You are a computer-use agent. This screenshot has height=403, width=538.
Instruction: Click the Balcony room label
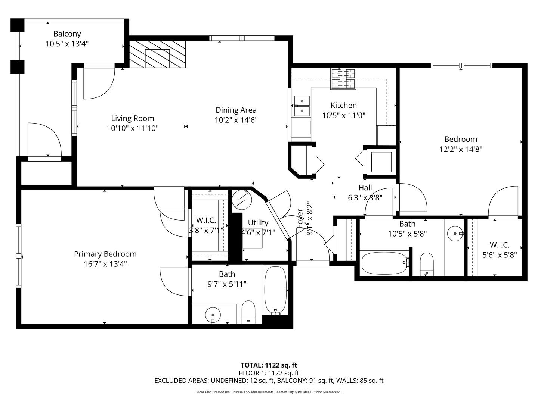click(67, 34)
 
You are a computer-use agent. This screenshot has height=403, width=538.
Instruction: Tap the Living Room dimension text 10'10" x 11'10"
click(133, 128)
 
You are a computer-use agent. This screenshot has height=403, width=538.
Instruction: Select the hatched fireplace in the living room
click(157, 54)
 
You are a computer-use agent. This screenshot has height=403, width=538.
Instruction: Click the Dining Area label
click(236, 110)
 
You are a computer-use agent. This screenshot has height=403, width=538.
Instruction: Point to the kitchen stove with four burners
click(343, 79)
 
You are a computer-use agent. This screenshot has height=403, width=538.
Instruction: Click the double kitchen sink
click(302, 106)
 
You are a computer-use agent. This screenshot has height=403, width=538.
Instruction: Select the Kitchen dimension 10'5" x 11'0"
click(343, 115)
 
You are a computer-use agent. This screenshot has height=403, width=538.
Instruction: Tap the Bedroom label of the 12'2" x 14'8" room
click(460, 139)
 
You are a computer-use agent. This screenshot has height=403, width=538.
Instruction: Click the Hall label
click(365, 188)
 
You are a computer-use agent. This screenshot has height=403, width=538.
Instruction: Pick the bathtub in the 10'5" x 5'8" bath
click(385, 263)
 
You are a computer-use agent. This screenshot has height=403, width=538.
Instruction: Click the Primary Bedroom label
click(105, 254)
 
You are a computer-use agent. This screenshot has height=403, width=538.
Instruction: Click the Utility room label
click(258, 223)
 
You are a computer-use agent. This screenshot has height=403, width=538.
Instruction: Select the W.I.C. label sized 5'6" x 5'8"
click(500, 245)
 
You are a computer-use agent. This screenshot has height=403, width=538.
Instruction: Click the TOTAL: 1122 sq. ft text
click(269, 365)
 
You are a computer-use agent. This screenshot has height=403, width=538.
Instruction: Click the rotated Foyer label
click(300, 218)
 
